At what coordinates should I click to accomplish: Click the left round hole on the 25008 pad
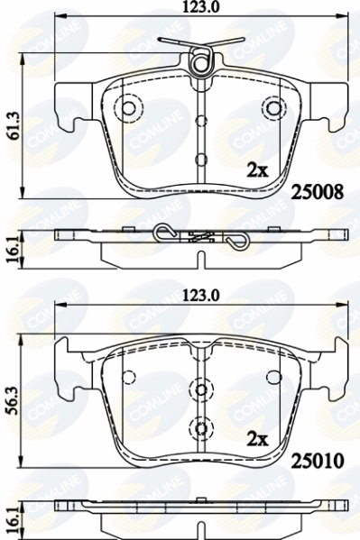point(127,109)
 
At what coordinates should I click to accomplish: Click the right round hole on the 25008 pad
point(272,109)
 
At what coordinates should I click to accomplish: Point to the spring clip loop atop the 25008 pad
point(204,63)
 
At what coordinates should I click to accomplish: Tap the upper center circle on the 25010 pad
point(199,389)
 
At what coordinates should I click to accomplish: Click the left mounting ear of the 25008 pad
point(66,106)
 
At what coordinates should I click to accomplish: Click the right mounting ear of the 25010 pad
point(333,362)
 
